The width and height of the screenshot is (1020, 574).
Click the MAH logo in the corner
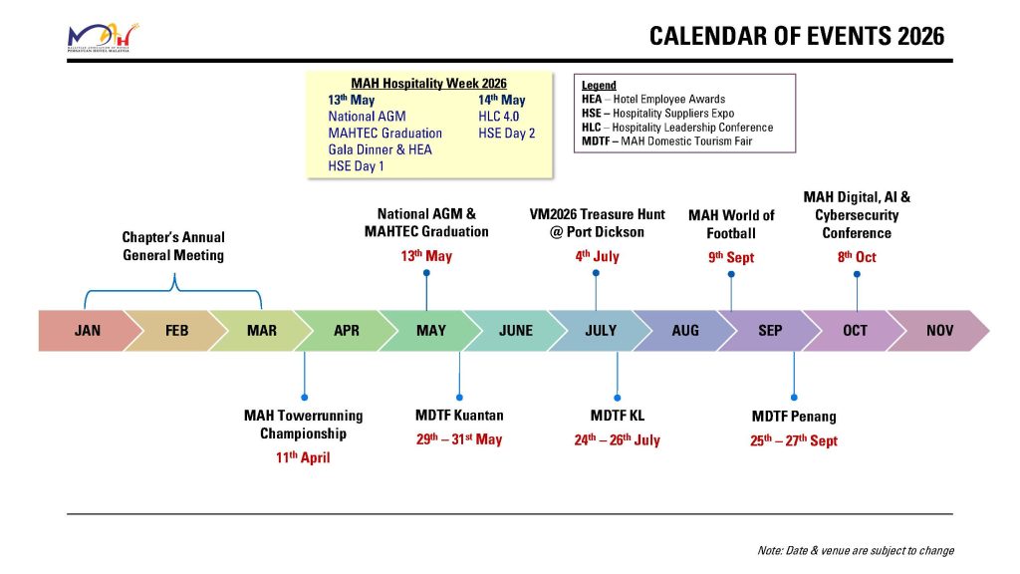tap(103, 38)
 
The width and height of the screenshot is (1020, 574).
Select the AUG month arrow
tap(684, 331)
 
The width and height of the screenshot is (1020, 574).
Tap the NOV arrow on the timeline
tap(939, 331)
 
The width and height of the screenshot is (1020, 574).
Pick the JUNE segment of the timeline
tap(515, 331)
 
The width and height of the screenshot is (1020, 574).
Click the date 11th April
tap(303, 456)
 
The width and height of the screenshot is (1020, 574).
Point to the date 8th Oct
tap(857, 257)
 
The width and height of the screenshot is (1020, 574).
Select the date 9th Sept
tap(731, 257)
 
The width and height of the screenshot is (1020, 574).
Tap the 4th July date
tap(598, 256)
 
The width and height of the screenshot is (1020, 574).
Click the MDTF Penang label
tap(794, 417)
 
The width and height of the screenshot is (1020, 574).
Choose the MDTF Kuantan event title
tap(459, 416)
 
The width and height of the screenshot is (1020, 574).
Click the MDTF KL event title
tap(618, 416)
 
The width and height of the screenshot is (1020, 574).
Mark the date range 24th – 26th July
tap(618, 439)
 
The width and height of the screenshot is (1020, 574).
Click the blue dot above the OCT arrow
tap(857, 274)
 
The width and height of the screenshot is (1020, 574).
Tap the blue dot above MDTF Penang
tap(794, 397)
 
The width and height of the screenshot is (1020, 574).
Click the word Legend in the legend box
tap(599, 86)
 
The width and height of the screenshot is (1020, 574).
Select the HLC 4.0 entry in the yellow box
tap(498, 117)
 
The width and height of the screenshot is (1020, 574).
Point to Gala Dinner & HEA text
tap(380, 149)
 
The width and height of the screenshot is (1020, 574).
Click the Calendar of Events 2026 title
tap(797, 37)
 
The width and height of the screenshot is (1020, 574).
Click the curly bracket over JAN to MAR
tap(173, 290)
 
